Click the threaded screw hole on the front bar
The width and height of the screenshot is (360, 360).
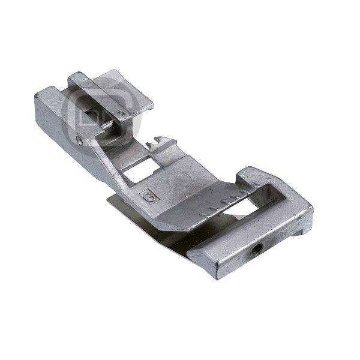254,249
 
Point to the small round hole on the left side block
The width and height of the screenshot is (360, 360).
80,140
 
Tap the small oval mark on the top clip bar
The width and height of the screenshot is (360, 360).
86,83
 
